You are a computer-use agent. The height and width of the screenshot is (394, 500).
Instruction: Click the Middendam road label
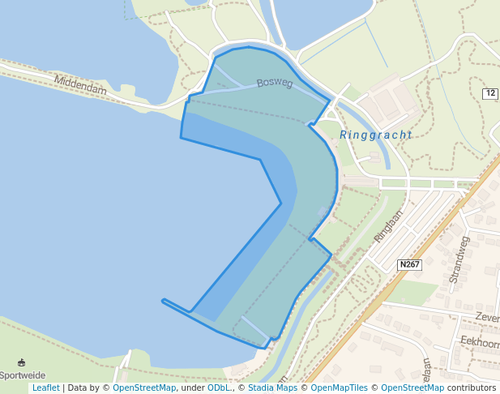[x=81, y=85]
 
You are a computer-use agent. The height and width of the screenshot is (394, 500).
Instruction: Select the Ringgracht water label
[x=375, y=135]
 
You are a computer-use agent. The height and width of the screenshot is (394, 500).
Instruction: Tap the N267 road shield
[x=410, y=264]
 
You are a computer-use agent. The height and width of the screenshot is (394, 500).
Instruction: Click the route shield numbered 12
[x=489, y=93]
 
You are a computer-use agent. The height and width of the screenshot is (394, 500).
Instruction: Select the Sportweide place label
[x=23, y=375]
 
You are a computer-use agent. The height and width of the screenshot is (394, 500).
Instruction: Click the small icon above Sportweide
[x=21, y=362]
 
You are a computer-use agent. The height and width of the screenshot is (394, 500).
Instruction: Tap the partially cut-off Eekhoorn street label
[x=479, y=341]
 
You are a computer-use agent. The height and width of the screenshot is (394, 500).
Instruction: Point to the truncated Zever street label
[x=487, y=317]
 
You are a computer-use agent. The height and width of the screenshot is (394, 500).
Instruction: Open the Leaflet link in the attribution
[x=46, y=388]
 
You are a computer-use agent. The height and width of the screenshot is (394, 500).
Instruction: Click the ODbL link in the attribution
[x=220, y=388]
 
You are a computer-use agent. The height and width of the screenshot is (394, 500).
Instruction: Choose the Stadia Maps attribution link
[x=271, y=388]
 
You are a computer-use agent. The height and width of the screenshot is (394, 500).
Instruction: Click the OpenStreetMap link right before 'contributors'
[x=412, y=388]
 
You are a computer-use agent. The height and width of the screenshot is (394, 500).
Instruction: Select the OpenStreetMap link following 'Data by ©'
[x=144, y=388]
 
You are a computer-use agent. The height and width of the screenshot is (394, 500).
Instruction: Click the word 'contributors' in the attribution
[x=472, y=388]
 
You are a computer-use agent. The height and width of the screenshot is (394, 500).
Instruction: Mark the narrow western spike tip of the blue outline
[x=164, y=301]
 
